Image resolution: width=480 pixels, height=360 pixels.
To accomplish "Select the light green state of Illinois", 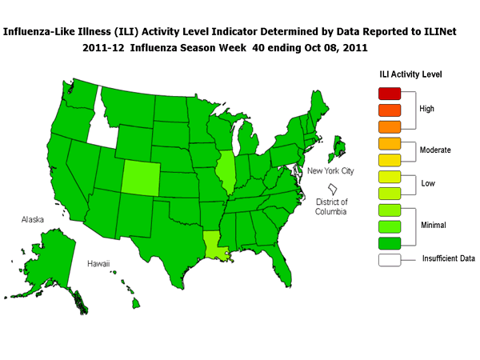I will click(x=226, y=172).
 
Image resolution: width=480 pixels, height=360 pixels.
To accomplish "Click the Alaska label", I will click(x=34, y=218).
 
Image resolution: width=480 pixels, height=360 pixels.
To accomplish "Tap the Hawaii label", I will click(x=99, y=264).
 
